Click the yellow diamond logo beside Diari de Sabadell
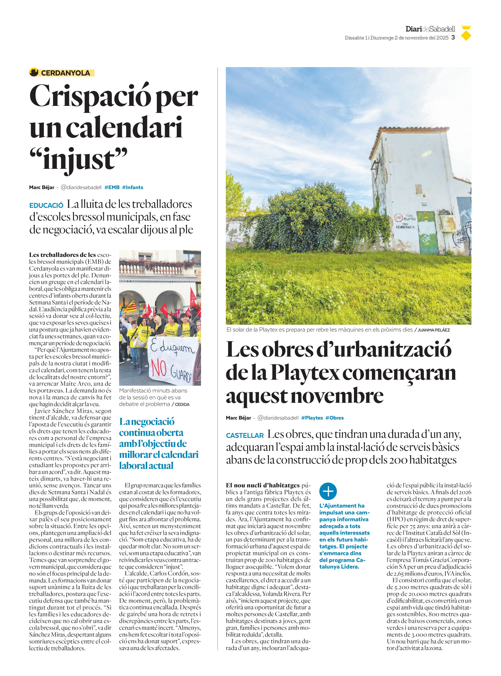point(466,36)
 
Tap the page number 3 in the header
point(453,38)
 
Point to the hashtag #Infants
point(133,187)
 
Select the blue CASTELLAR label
point(245,435)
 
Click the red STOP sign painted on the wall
point(398,217)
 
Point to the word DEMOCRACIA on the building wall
point(405,227)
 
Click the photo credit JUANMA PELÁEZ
point(433,330)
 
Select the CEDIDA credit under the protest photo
point(182,404)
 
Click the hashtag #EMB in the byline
point(112,187)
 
